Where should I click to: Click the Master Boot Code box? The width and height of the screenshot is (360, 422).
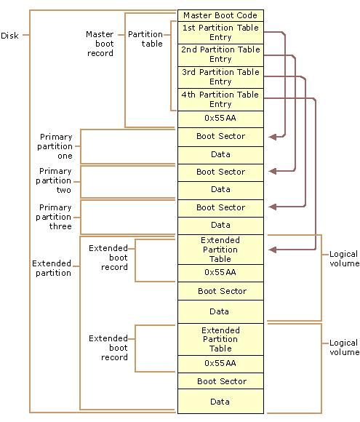point(220,15)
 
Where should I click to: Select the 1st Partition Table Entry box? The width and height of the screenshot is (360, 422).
point(220,33)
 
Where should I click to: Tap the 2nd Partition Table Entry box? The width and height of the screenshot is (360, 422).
point(220,55)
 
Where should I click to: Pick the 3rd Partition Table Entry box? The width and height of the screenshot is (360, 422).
point(220,77)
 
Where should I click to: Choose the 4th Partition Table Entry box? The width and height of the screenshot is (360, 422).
point(220,99)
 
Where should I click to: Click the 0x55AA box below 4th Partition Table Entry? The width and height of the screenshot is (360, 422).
point(220,118)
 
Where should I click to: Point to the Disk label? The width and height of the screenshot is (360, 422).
point(10,36)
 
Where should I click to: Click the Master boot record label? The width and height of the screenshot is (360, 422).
point(100,44)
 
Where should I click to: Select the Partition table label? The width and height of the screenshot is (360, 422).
point(145,39)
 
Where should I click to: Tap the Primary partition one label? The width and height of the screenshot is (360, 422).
point(56,146)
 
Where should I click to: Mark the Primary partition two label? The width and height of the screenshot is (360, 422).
point(56,181)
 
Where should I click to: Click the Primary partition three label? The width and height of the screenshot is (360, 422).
point(56,217)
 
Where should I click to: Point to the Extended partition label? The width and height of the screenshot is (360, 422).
point(52,268)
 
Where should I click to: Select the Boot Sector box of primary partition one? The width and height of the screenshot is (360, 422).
point(220,136)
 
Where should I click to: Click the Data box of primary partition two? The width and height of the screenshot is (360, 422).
point(220,189)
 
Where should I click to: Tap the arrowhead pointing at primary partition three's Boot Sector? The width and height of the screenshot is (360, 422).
point(273,207)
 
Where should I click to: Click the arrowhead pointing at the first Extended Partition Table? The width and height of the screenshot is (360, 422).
point(273,250)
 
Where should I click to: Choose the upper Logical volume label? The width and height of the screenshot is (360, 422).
point(344,259)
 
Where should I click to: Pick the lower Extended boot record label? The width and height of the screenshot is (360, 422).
point(108,348)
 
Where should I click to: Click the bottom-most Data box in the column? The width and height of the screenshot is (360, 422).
point(220,402)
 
